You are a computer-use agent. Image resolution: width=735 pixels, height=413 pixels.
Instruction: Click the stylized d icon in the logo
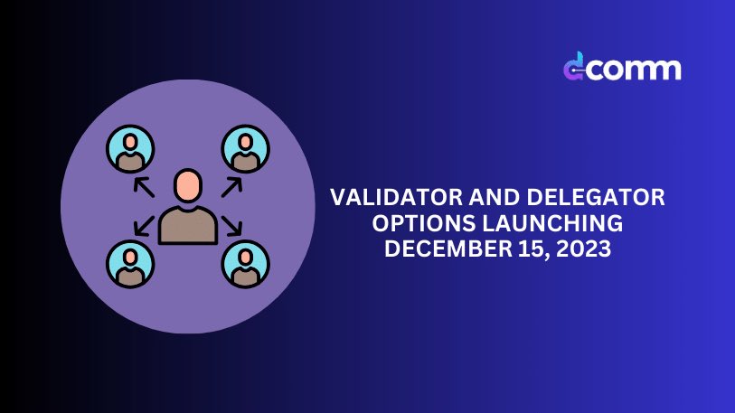coord(573,68)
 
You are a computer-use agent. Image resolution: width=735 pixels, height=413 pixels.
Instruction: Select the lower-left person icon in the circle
coord(130,263)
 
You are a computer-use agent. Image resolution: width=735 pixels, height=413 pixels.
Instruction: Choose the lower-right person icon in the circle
coord(245,263)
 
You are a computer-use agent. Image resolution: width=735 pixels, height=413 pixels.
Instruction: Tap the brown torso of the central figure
coord(188,225)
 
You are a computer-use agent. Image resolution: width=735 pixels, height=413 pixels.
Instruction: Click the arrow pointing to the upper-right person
coord(232,186)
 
